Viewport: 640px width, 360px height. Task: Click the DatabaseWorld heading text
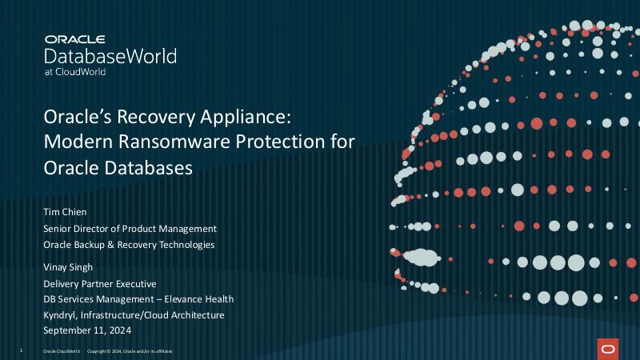[x=110, y=56]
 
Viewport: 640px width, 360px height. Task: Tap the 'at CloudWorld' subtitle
[x=75, y=71]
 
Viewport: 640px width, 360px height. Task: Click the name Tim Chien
[x=66, y=212]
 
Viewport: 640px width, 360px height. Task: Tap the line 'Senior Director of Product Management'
[x=130, y=228]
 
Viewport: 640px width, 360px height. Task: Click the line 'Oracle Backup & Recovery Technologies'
[x=129, y=244]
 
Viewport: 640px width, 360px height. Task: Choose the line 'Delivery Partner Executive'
[x=100, y=283]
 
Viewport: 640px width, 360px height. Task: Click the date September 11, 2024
[x=86, y=330]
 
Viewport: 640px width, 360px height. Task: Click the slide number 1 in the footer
[x=21, y=351]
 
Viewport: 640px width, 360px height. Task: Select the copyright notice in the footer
[x=129, y=351]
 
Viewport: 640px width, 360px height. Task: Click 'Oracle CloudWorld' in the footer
[x=61, y=351]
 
